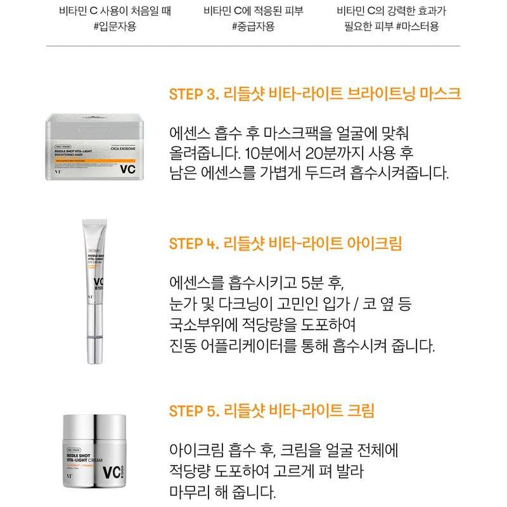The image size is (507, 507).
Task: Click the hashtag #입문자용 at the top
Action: click(114, 27)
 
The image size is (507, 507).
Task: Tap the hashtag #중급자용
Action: click(252, 27)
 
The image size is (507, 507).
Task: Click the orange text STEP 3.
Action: click(193, 95)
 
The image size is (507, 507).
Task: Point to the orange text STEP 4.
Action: click(193, 244)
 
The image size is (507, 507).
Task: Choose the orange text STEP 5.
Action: click(193, 411)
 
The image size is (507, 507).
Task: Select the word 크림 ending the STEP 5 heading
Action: click(360, 411)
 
